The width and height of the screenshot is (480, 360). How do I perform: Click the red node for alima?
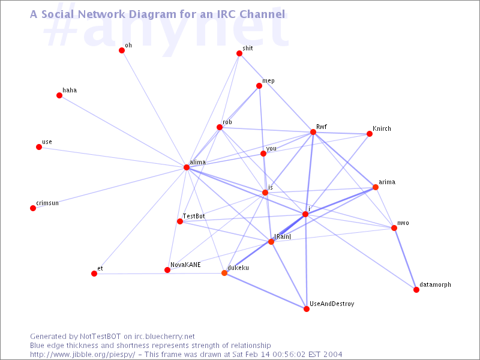pos(187,167)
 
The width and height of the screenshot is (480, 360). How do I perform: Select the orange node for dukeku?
pos(224,273)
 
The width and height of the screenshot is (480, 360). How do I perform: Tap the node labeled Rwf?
pos(313,132)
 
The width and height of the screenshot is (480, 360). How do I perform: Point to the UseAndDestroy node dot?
pos(307,309)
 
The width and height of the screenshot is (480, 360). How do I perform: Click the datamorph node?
pos(416,290)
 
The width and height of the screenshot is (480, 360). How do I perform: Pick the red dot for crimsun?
pos(33,208)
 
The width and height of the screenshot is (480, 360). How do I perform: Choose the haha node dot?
pos(59,95)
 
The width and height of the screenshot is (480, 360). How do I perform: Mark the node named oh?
pos(122,50)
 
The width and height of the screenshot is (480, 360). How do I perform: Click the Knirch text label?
pos(382,128)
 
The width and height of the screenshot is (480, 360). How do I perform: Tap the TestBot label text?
pos(194,216)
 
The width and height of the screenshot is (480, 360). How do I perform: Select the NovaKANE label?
pos(185,265)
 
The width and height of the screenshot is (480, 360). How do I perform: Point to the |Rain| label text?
pos(283,236)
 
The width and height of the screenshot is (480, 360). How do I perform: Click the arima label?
pos(387,182)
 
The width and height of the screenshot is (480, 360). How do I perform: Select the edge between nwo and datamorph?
pos(406,259)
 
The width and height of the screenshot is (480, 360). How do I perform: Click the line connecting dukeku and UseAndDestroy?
pos(265,291)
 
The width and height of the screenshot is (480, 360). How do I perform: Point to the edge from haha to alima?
pos(123,131)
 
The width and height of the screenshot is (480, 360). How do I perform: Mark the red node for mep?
pos(259,86)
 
